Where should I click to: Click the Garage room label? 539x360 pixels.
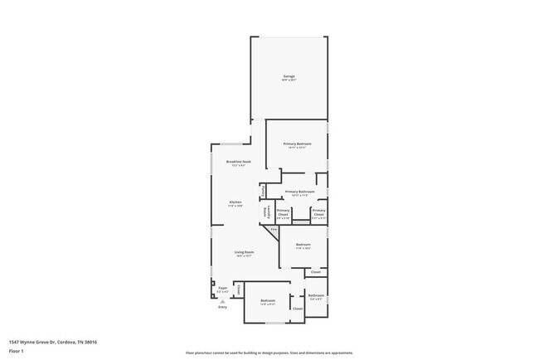tap(289, 77)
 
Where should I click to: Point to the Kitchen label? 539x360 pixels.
tap(236, 203)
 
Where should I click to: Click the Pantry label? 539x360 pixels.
tap(263, 191)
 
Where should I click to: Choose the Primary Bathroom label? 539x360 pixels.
tap(300, 192)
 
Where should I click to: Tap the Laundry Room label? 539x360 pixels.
tap(267, 213)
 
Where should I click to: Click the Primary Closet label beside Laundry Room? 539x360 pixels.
tap(283, 212)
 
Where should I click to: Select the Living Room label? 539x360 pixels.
tap(243, 253)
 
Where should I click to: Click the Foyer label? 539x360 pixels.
tap(222, 289)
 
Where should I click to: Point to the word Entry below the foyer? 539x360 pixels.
tap(222, 308)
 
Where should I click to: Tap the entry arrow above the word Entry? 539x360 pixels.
tap(222, 301)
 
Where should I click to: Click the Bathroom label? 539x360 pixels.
tap(316, 295)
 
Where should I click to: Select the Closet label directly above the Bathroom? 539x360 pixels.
tap(316, 271)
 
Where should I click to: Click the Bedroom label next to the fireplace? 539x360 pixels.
tap(303, 246)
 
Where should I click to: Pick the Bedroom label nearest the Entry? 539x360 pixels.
tap(267, 301)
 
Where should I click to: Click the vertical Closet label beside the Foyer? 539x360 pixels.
tap(240, 289)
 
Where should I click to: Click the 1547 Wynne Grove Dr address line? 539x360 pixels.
tap(53, 341)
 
